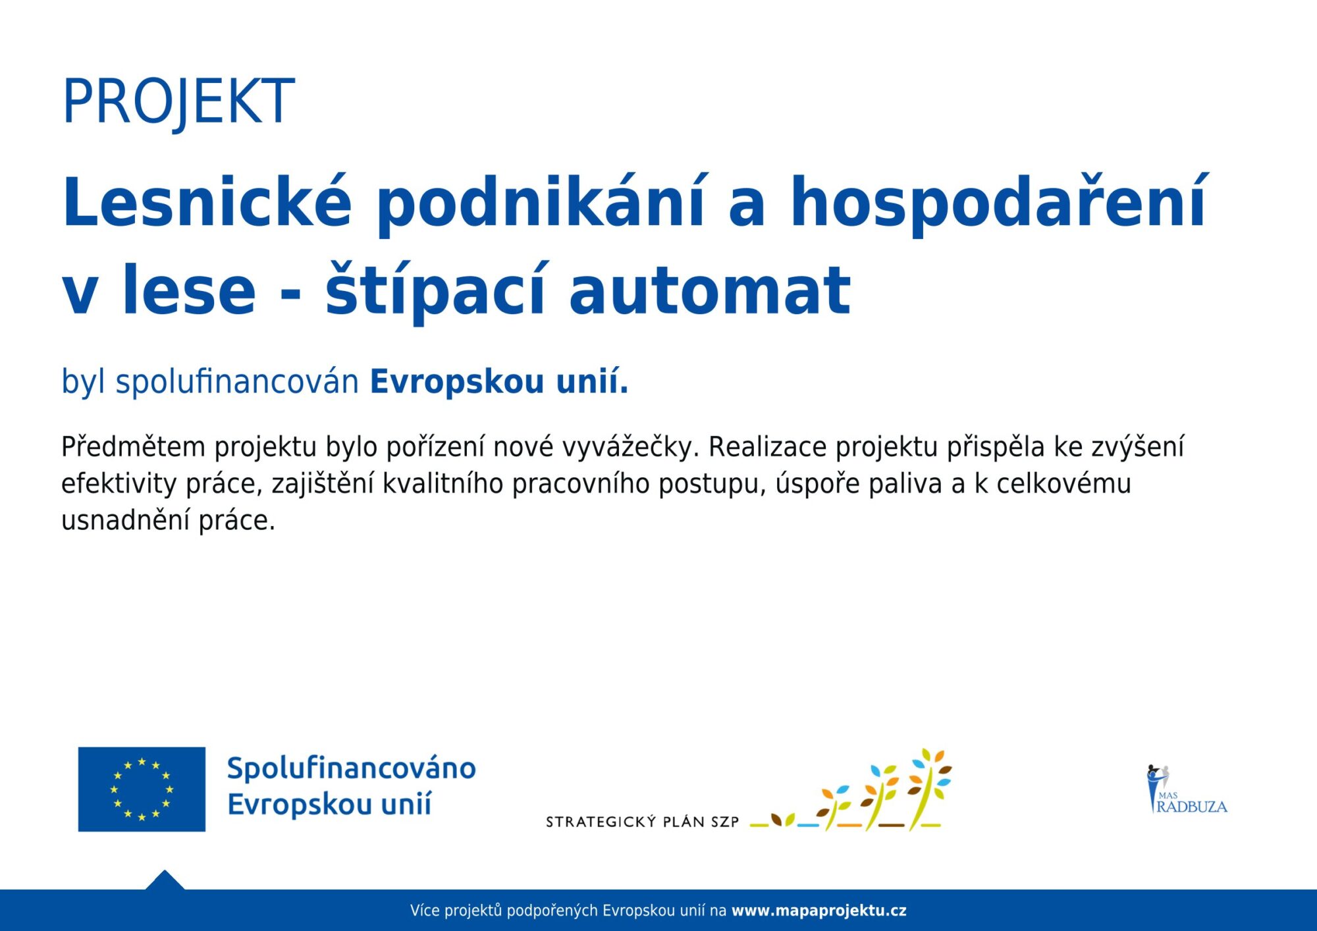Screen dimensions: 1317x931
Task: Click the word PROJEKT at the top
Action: (x=178, y=101)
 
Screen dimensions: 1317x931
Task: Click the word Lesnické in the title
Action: (x=207, y=202)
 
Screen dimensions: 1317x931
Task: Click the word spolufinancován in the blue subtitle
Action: (x=237, y=382)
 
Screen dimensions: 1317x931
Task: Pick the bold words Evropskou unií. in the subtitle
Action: (x=499, y=382)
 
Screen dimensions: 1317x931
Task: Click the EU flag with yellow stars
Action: (x=142, y=789)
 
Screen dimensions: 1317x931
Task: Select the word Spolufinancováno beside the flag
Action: (x=352, y=768)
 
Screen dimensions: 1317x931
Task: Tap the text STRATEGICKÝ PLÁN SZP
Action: (x=643, y=821)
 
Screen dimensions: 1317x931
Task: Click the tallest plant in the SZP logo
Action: (x=930, y=787)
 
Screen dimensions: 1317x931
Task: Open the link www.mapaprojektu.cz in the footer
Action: (x=819, y=911)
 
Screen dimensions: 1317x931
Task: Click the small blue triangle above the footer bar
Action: (x=165, y=881)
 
